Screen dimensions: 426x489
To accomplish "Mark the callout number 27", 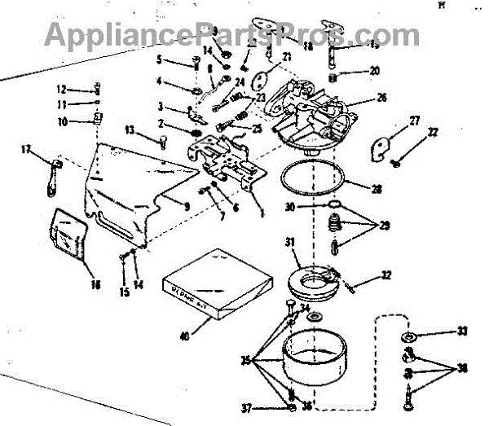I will click(414, 121).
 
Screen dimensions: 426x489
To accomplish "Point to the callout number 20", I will click(374, 72).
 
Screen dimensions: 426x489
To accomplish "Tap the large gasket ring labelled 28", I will click(311, 180).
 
